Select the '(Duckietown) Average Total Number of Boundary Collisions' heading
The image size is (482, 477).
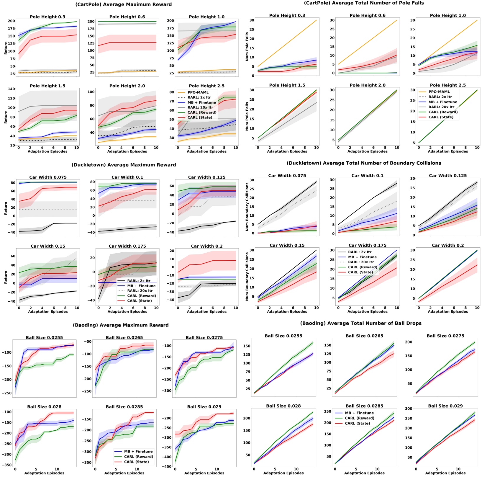point(364,163)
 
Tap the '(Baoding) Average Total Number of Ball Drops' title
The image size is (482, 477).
point(360,323)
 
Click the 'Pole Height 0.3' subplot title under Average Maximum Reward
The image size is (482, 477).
point(47,17)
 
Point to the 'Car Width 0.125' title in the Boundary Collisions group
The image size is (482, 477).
point(447,176)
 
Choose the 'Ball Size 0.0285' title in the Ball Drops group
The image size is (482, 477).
point(364,406)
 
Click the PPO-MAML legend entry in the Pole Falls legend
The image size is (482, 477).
point(439,92)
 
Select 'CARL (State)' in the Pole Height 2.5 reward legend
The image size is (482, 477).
point(200,117)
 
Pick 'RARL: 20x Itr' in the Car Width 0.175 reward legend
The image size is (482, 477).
point(140,291)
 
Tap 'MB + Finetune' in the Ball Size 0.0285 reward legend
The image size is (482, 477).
point(138,451)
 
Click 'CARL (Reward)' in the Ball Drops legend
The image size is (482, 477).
point(359,418)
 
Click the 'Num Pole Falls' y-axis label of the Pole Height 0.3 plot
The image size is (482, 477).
point(247,47)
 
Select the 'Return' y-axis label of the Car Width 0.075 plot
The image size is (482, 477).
point(6,208)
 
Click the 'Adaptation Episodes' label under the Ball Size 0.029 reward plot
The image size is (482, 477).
point(204,473)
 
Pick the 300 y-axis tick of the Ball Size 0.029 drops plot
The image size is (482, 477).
point(409,409)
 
